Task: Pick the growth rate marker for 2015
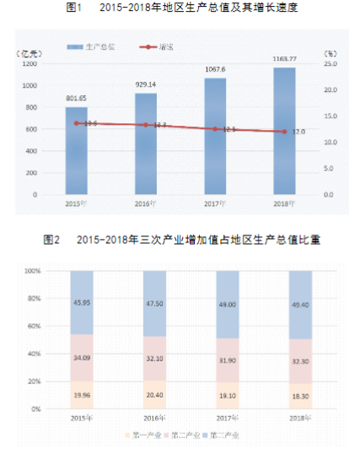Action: [76, 123]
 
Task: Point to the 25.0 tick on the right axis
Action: [330, 63]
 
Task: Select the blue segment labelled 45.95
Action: [82, 302]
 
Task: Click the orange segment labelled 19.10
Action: [228, 395]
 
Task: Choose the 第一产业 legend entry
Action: [142, 435]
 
